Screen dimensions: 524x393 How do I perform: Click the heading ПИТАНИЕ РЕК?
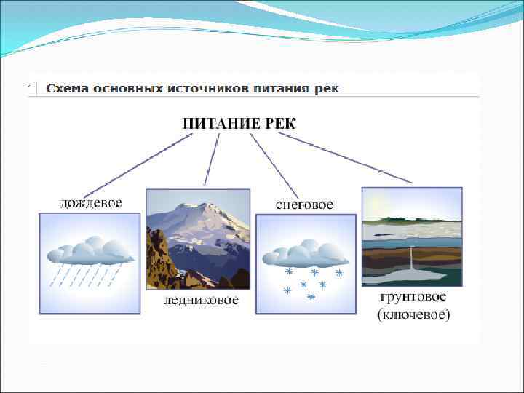(x=239, y=122)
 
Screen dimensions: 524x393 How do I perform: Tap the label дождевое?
(x=91, y=201)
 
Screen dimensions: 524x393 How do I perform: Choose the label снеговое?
(x=304, y=205)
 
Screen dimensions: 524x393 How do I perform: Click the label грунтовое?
(x=413, y=298)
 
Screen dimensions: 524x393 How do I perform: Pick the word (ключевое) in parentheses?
(x=413, y=314)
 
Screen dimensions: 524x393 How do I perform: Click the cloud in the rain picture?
(x=90, y=250)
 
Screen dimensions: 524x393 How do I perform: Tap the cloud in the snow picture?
(x=305, y=253)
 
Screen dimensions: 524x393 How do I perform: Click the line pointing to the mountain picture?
(x=212, y=160)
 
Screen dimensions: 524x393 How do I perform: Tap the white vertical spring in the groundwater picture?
(x=413, y=259)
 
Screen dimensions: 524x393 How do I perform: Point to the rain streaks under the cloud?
(x=84, y=275)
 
